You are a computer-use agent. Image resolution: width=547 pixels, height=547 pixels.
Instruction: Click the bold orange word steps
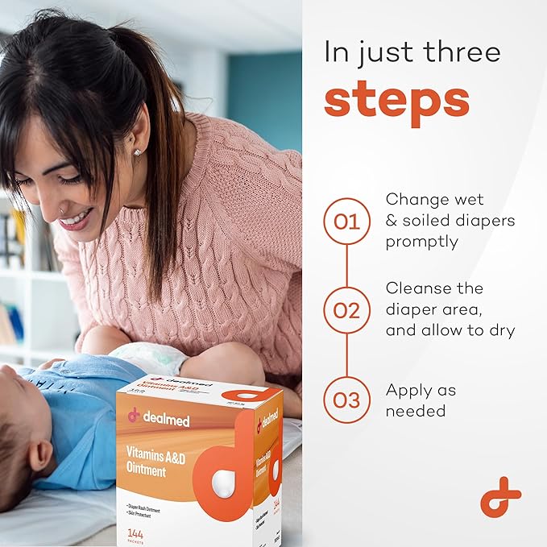pyautogui.click(x=396, y=99)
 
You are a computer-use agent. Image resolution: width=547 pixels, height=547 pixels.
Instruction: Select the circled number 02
pyautogui.click(x=346, y=310)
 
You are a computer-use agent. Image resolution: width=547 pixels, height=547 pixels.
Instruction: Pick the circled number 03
pyautogui.click(x=346, y=400)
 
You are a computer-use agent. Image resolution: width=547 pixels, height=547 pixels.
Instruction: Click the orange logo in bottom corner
pyautogui.click(x=500, y=496)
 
